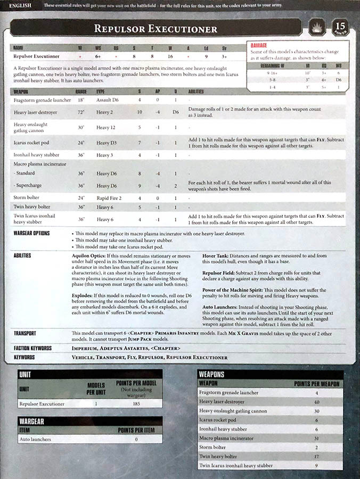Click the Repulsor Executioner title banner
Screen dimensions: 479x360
click(156, 28)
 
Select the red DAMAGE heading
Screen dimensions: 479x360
click(259, 46)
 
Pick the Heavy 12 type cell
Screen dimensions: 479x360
click(107, 128)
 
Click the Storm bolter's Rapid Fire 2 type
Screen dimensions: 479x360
click(110, 197)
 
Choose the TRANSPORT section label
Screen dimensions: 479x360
click(25, 333)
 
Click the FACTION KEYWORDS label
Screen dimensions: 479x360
click(32, 348)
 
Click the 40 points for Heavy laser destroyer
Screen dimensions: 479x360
click(317, 401)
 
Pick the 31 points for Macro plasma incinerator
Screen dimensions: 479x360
click(317, 438)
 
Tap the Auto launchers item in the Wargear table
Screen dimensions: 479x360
click(35, 439)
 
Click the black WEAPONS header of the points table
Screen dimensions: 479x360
click(212, 374)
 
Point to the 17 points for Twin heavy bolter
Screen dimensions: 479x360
click(317, 456)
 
